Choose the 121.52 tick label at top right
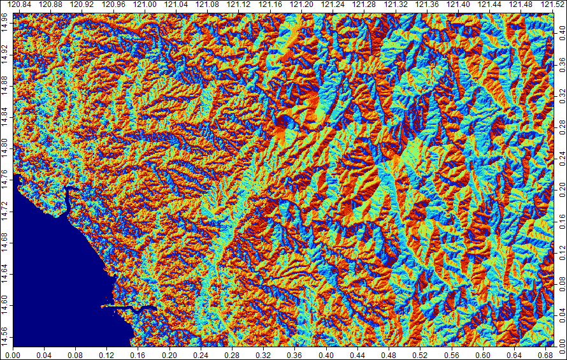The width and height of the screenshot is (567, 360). tap(550, 5)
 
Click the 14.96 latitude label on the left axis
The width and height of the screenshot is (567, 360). tap(6, 21)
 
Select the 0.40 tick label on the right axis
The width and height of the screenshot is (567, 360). tap(561, 30)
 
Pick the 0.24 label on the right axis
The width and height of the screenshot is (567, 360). tap(561, 156)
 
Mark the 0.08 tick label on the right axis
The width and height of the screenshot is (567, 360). tap(561, 281)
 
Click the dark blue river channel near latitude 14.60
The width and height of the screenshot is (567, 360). tap(137, 308)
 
